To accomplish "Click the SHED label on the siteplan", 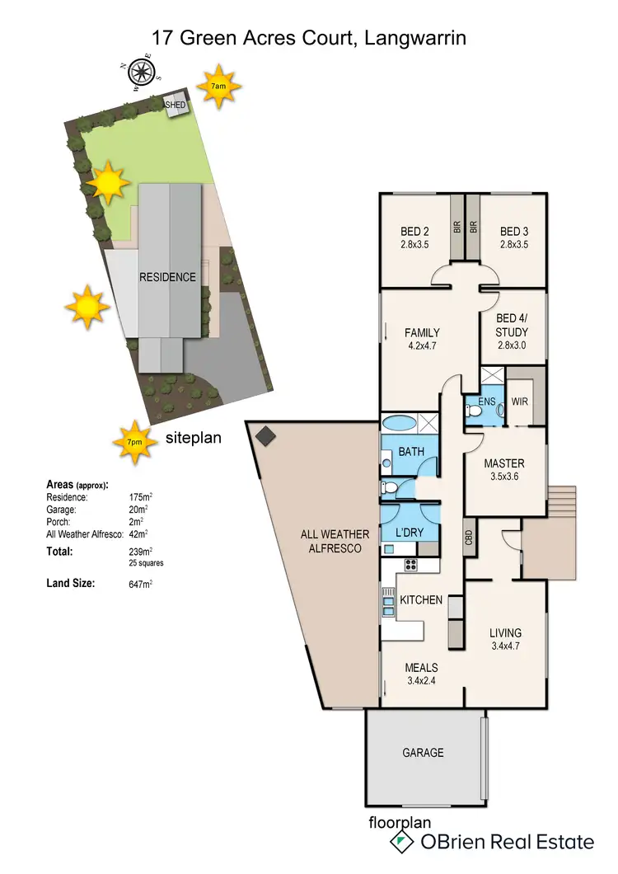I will coord(176,106).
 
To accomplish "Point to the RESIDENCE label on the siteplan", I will coord(167,277).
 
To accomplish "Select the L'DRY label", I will coord(410,533).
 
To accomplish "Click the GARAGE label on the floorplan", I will coord(423,752).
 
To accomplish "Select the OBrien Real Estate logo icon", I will coord(401,841).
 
